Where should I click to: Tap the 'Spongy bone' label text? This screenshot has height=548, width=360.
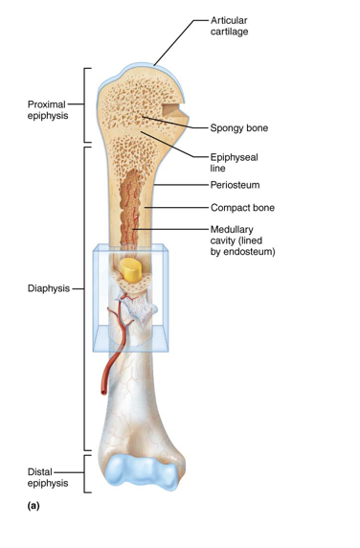[x=238, y=126]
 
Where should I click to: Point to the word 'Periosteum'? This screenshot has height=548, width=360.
[x=236, y=184]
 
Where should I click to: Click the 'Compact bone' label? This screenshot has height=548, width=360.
[x=242, y=207]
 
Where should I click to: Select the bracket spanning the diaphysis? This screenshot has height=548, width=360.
[x=88, y=297]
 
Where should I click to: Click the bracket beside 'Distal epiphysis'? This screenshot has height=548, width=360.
[x=88, y=474]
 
